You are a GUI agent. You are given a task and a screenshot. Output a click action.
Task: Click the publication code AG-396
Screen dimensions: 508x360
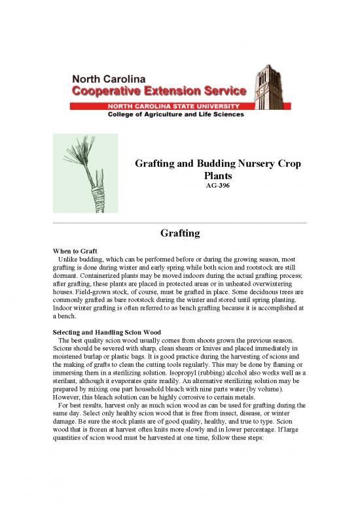point(217,186)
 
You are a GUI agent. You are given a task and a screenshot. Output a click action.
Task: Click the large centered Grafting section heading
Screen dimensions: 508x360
point(179,233)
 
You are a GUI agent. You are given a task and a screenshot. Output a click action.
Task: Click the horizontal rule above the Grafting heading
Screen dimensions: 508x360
point(179,222)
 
